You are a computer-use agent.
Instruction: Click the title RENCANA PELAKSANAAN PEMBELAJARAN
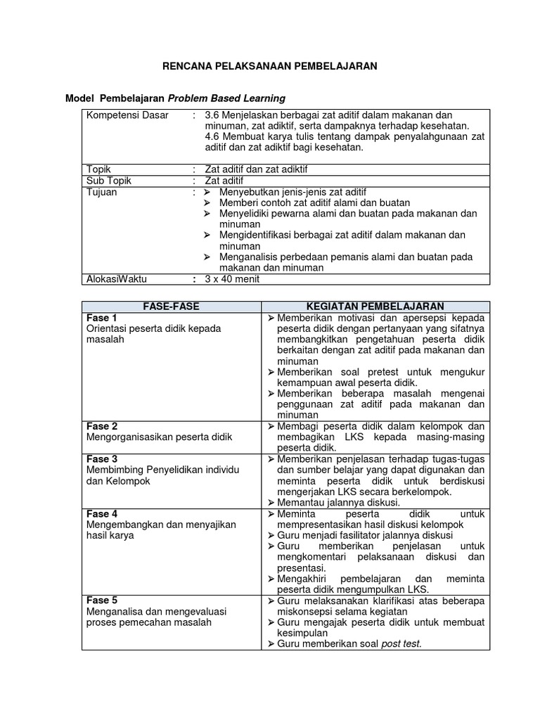(270, 66)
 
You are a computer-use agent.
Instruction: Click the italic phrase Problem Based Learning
(226, 98)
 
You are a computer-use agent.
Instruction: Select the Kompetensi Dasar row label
(127, 115)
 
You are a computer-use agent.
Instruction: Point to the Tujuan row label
(101, 192)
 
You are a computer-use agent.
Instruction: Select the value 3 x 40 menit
(233, 278)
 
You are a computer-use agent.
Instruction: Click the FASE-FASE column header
(172, 307)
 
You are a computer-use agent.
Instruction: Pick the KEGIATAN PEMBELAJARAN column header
(375, 307)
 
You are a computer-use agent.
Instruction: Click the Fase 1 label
(102, 318)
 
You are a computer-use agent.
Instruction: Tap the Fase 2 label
(102, 426)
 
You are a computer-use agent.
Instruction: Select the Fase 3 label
(102, 458)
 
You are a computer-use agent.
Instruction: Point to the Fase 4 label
(102, 514)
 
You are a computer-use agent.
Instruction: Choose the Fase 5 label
(102, 600)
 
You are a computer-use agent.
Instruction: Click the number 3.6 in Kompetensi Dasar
(212, 115)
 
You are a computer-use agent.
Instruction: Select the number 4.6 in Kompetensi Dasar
(212, 137)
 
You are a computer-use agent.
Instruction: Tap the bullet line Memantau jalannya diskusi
(338, 503)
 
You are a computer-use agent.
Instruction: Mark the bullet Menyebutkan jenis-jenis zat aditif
(292, 192)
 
